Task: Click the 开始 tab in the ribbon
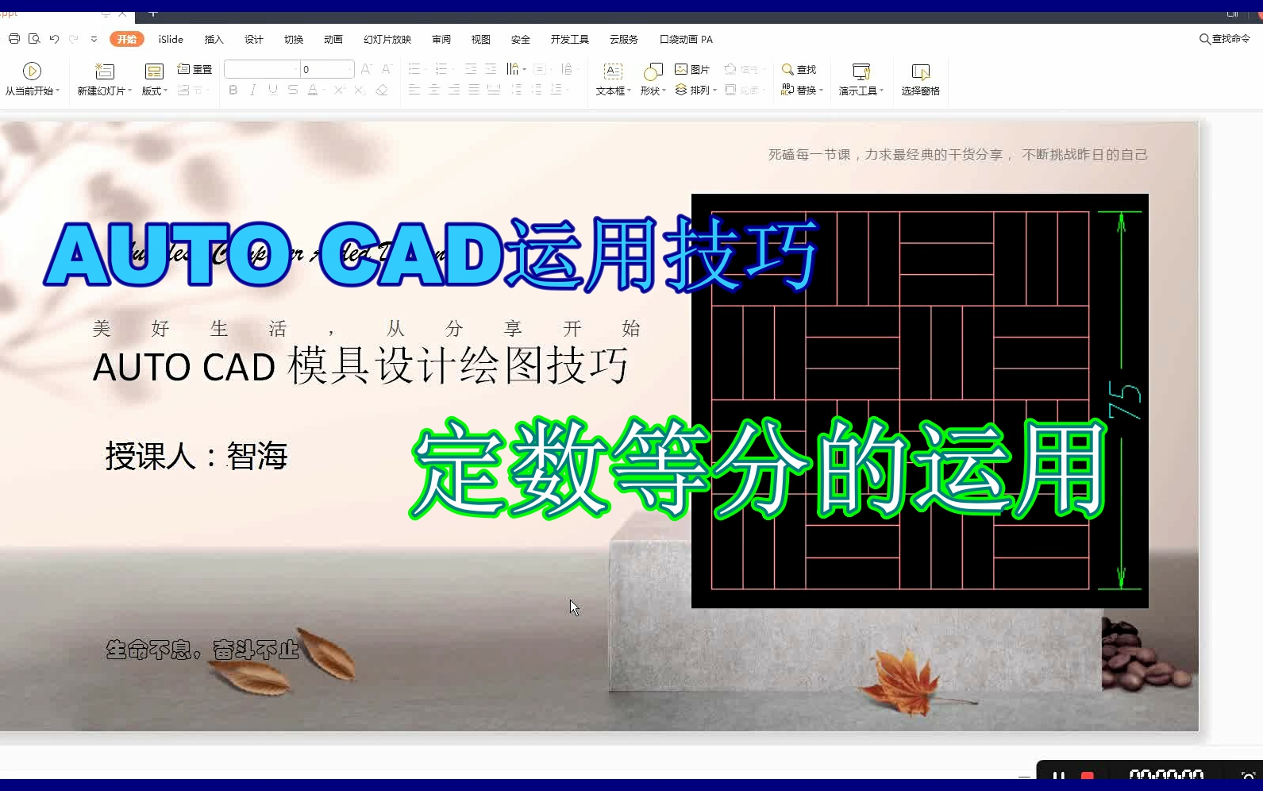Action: point(127,39)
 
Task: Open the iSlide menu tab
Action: point(171,39)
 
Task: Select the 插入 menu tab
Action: point(214,39)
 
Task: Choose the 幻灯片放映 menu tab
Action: point(387,39)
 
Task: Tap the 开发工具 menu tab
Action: point(569,39)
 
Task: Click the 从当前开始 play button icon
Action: point(32,71)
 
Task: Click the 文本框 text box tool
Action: point(613,79)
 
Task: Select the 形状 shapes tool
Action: point(653,79)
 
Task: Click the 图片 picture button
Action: point(692,70)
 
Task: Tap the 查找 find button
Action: point(799,70)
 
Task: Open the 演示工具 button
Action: point(861,79)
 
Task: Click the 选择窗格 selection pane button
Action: point(920,79)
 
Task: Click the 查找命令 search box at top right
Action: point(1225,39)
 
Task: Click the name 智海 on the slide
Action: point(257,456)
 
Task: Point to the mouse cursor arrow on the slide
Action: point(574,608)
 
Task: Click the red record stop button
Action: point(1088,776)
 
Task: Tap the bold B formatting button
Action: point(233,90)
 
